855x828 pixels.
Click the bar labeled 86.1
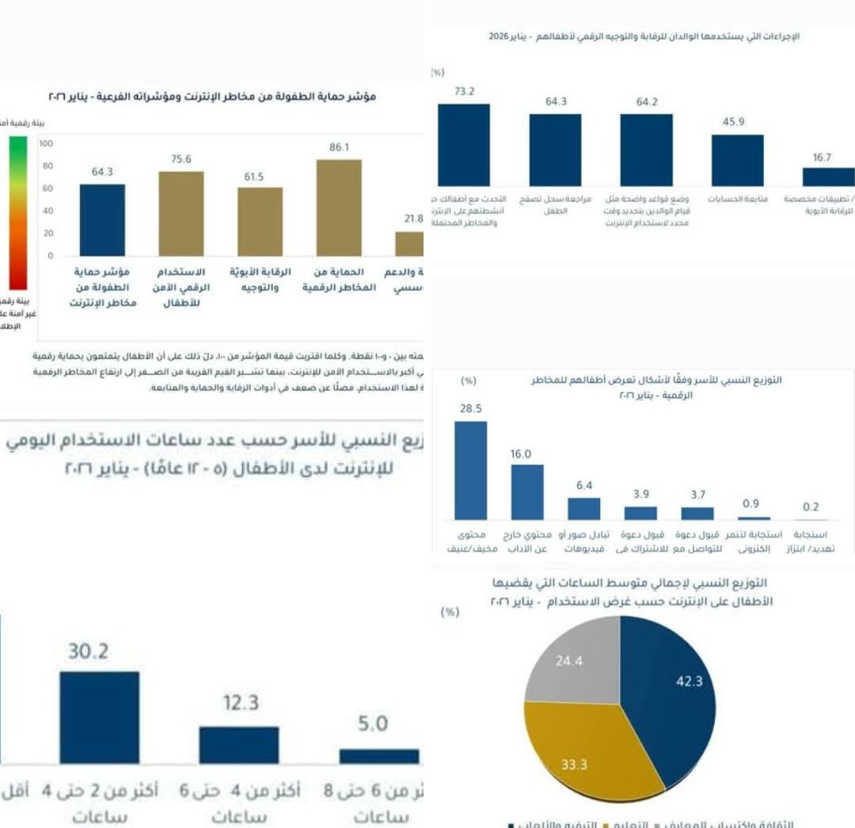pos(339,207)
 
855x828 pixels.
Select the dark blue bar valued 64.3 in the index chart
pos(102,220)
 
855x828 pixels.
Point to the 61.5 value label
pos(253,177)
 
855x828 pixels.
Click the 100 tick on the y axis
pos(46,144)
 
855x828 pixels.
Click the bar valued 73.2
pos(464,145)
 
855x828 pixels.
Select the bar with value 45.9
pos(737,160)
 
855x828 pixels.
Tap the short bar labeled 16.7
pos(828,176)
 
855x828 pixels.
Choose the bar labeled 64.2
pos(646,149)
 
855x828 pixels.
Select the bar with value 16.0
pos(527,491)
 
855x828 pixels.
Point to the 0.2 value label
pos(810,507)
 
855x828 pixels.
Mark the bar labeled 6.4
pos(584,508)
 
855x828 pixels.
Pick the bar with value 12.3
pos(239,744)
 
